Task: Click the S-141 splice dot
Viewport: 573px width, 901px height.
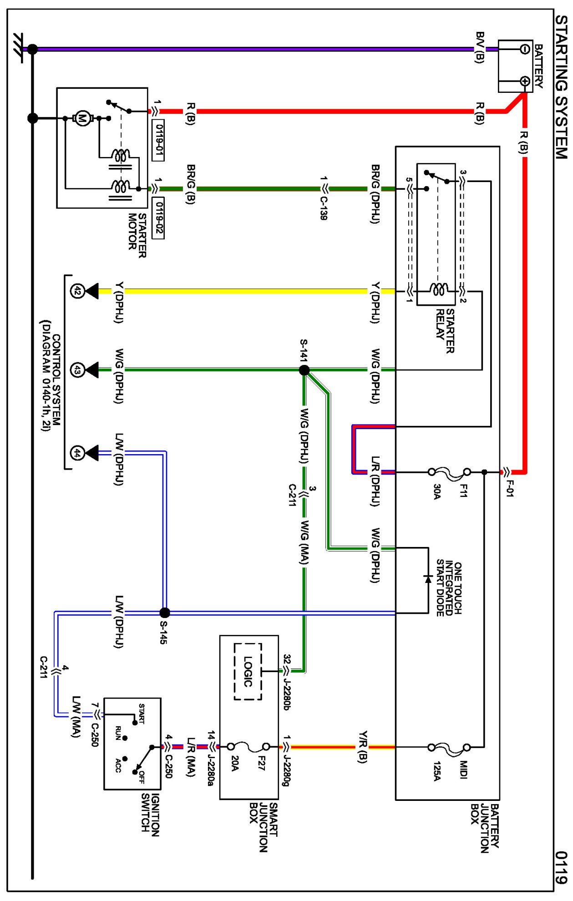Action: click(x=304, y=370)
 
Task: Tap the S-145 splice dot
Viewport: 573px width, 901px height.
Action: click(x=165, y=612)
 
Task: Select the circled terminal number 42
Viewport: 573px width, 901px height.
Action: click(x=77, y=291)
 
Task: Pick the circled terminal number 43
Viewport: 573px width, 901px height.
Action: click(x=77, y=370)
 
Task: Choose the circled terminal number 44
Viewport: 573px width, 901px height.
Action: click(x=77, y=453)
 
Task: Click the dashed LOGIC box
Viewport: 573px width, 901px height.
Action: click(x=248, y=671)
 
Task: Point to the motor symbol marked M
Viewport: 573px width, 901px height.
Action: click(x=82, y=119)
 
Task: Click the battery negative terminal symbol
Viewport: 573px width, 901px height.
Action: click(x=524, y=49)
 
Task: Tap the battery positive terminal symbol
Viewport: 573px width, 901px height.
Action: click(x=525, y=81)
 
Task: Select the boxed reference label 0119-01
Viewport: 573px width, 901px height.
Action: click(x=158, y=140)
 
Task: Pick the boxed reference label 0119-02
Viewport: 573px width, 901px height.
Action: click(x=158, y=218)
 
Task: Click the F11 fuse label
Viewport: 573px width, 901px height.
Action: click(x=463, y=491)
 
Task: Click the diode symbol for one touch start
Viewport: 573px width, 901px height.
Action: click(x=428, y=579)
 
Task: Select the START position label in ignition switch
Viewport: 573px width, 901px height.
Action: click(x=142, y=713)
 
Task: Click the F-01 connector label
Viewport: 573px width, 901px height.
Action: click(x=510, y=489)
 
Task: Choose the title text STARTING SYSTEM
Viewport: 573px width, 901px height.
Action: click(x=561, y=86)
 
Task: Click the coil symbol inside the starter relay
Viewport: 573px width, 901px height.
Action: click(x=439, y=289)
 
